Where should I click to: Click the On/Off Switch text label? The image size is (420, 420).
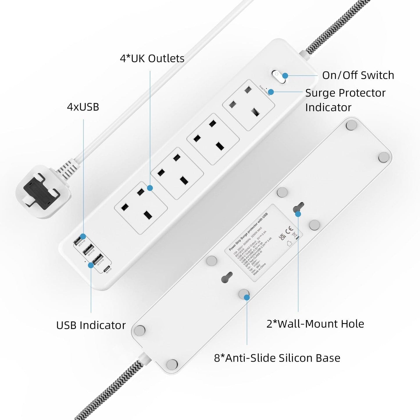[358, 75]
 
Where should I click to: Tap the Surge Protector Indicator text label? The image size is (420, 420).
[345, 100]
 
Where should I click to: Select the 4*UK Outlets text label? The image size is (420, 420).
[152, 58]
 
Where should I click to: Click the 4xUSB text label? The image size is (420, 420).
[83, 107]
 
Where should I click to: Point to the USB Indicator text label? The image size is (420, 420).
[91, 325]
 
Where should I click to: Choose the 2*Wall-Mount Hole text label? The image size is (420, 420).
[315, 324]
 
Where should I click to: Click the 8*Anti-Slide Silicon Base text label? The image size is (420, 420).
[277, 358]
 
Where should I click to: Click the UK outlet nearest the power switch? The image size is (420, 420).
[249, 105]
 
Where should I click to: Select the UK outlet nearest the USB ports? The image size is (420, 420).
[141, 208]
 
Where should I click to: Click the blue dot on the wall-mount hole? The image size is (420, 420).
[298, 214]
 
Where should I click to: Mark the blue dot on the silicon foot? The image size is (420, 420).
[246, 297]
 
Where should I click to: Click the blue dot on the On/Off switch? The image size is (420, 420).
[285, 76]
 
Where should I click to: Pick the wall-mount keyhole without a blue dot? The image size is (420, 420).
[227, 277]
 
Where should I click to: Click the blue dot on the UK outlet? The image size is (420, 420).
[150, 188]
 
